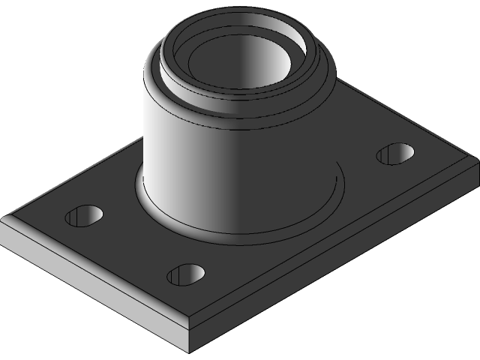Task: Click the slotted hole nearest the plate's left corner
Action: point(83,216)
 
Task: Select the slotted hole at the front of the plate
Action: point(185,274)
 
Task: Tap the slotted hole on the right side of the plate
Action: point(394,154)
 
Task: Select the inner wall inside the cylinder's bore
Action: point(277,60)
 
